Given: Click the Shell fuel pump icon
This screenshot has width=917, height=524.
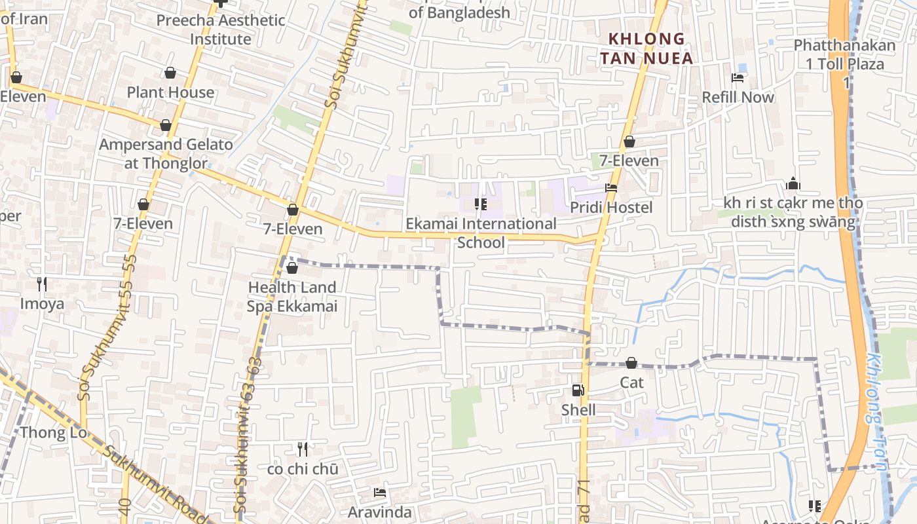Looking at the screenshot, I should point(578,390).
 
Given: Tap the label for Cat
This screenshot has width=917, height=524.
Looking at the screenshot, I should point(632,383).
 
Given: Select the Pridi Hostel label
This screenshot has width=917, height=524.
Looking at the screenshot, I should point(611,208).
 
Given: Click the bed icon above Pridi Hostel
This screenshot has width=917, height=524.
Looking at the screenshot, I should point(611,188).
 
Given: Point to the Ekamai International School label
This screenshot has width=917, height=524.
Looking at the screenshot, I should point(481,233).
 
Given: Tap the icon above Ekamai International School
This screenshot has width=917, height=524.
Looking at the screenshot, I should point(481,204).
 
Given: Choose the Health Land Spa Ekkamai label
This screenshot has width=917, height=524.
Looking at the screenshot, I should point(292,297).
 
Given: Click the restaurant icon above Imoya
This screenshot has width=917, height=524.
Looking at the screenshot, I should point(42,284).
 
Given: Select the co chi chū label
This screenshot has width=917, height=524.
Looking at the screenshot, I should point(303,469).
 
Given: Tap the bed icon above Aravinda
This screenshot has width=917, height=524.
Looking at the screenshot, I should point(379,493).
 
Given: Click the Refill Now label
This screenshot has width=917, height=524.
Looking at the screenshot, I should point(738,98).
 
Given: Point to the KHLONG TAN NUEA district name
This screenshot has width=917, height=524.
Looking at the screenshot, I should point(646,48).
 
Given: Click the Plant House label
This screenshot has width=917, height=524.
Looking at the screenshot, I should point(170,92).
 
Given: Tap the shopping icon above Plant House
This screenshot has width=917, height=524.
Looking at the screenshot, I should point(170,72).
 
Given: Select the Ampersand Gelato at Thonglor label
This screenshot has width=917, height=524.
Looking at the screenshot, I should point(166,154).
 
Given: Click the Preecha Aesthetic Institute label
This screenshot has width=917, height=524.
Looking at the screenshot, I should point(221,29).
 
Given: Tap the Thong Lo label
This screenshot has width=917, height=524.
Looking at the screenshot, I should point(53,432).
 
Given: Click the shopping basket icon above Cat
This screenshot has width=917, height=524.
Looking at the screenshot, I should point(631,363).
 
